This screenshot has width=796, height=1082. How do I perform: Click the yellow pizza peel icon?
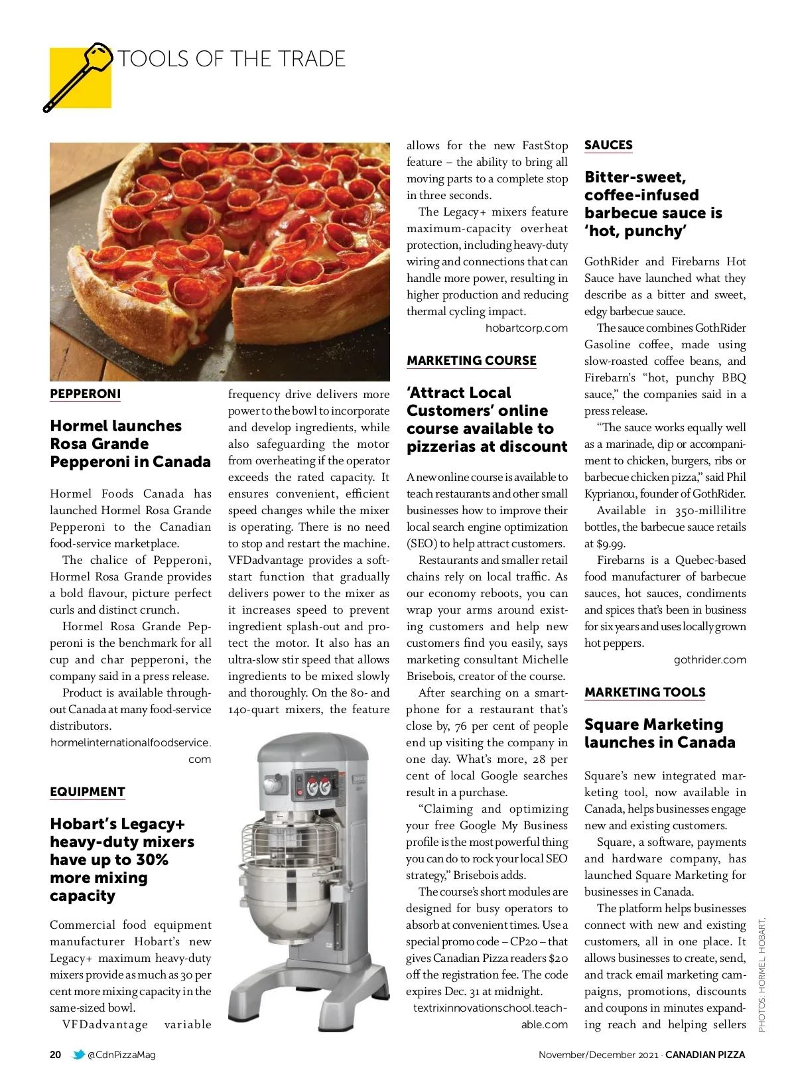point(80,77)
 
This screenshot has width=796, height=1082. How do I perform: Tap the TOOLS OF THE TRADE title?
point(232,59)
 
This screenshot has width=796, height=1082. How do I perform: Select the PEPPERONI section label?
point(86,394)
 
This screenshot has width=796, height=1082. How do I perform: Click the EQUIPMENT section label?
point(88,792)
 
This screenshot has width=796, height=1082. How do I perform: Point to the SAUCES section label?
point(608,145)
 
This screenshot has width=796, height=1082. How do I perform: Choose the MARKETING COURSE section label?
point(472,361)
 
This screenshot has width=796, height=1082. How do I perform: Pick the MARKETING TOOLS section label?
point(645,693)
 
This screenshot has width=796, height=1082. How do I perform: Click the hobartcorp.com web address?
point(527,328)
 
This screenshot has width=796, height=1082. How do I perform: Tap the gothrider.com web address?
point(710,659)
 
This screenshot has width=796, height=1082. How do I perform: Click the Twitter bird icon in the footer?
point(78,1055)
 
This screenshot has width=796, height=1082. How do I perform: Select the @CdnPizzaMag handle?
point(121,1055)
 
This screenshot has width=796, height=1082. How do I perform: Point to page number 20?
point(56,1055)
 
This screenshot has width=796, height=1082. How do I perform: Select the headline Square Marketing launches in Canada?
point(659,734)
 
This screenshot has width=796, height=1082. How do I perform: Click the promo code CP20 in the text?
point(523,941)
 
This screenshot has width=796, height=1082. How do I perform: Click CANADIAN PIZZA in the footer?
point(705,1055)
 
